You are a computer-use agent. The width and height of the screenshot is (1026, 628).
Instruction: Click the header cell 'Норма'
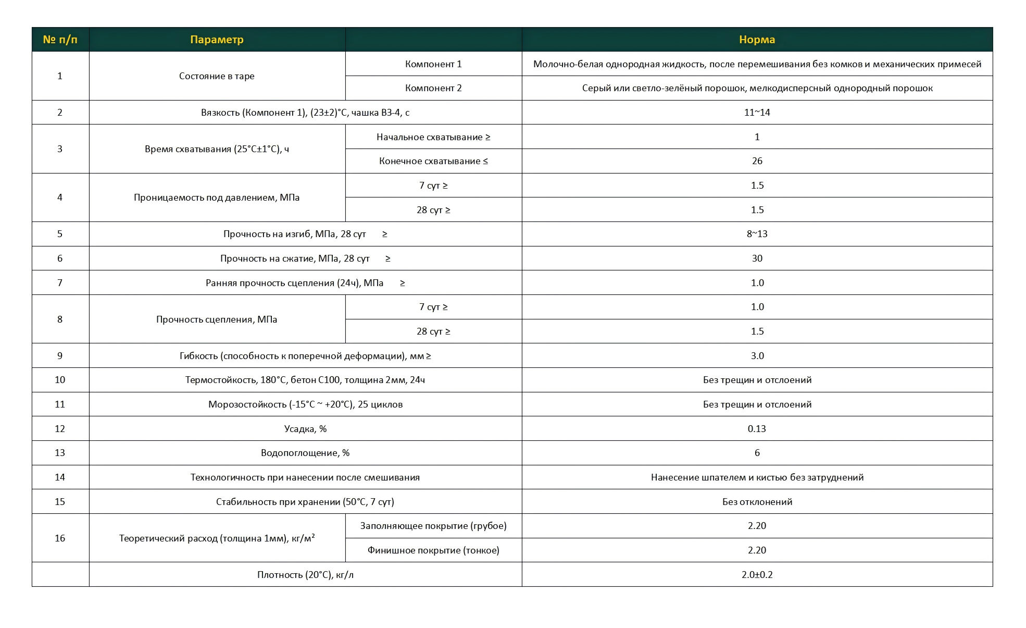click(757, 40)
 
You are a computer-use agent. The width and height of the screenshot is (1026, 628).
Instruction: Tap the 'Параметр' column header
click(217, 40)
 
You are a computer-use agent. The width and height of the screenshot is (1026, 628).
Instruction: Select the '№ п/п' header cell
click(60, 40)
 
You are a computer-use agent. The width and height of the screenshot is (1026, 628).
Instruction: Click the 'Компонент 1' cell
click(433, 64)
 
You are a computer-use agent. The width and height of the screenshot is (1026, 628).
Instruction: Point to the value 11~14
click(757, 113)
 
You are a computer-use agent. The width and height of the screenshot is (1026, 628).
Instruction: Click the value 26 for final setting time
click(757, 161)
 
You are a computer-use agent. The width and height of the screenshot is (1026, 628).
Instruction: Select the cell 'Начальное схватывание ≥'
click(433, 137)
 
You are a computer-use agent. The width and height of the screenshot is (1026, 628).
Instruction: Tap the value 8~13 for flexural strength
click(757, 234)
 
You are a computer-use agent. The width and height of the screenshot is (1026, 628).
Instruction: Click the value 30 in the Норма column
click(757, 258)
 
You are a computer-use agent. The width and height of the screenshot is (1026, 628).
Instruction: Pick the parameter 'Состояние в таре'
click(217, 76)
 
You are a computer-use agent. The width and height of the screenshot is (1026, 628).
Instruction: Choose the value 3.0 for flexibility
click(757, 356)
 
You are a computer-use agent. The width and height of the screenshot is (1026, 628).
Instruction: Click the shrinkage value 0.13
click(757, 429)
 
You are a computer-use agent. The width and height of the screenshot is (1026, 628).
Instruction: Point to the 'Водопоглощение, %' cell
click(305, 453)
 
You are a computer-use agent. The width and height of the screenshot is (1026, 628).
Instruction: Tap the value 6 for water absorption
click(757, 453)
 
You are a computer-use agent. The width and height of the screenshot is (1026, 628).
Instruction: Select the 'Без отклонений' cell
click(757, 502)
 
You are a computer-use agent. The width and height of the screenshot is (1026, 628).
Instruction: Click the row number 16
click(60, 538)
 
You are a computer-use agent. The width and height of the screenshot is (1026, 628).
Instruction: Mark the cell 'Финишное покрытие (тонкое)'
click(433, 550)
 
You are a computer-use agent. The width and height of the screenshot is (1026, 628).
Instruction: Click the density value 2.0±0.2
click(757, 575)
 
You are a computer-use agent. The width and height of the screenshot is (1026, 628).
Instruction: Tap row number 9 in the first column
click(60, 356)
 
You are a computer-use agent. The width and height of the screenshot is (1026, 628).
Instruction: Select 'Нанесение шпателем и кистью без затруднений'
click(757, 477)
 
